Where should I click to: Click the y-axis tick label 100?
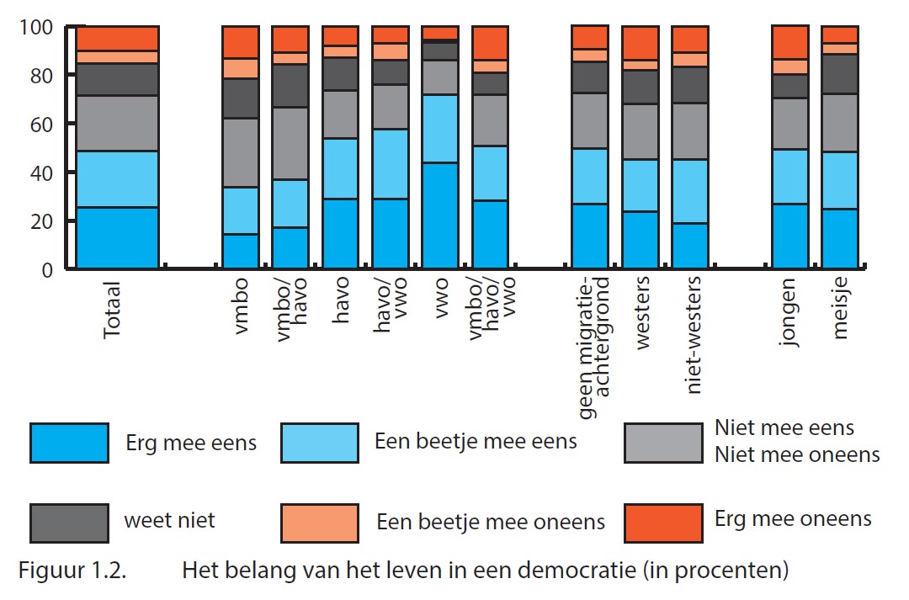tap(35, 27)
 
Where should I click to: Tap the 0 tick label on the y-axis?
tap(47, 269)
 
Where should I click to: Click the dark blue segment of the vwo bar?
tap(439, 215)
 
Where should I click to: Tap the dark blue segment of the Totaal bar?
tap(117, 237)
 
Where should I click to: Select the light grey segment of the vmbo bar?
tap(240, 152)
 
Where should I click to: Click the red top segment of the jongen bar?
tap(791, 42)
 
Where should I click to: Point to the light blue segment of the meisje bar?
tap(840, 180)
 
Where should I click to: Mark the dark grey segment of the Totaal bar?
tap(117, 79)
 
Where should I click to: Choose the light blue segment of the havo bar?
tap(340, 168)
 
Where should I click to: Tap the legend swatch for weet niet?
tap(69, 522)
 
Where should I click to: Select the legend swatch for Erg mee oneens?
tap(663, 522)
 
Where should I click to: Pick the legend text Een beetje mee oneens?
tap(491, 522)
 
